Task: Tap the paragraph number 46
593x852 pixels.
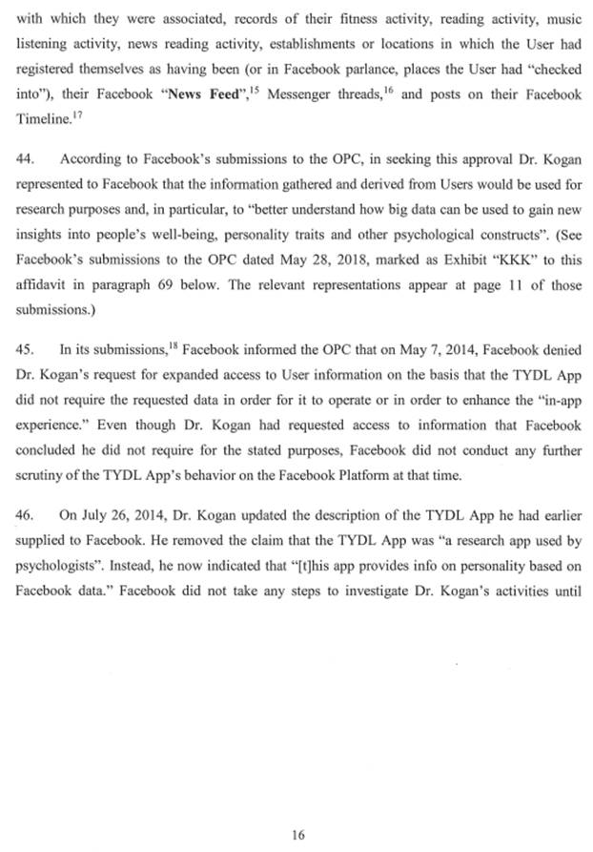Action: tap(26, 515)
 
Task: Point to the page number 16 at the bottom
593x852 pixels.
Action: tap(297, 807)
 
